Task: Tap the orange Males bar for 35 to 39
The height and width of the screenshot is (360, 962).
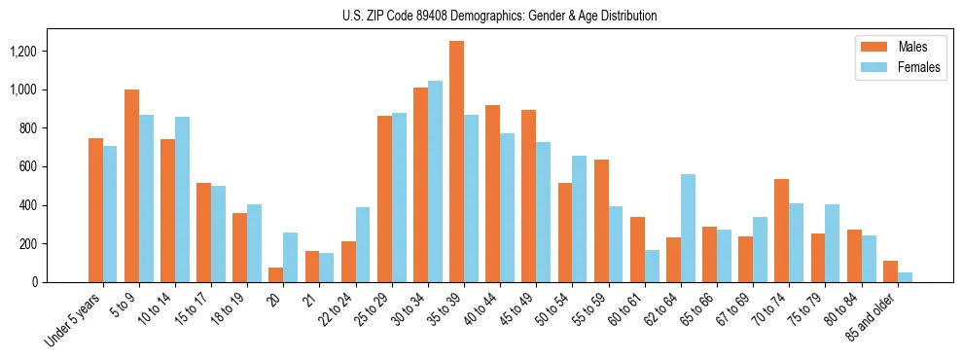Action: (x=456, y=162)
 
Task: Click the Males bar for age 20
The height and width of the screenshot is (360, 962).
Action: (x=275, y=275)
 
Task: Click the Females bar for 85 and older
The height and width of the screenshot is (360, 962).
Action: (x=905, y=277)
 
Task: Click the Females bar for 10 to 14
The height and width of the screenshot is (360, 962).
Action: (x=182, y=199)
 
